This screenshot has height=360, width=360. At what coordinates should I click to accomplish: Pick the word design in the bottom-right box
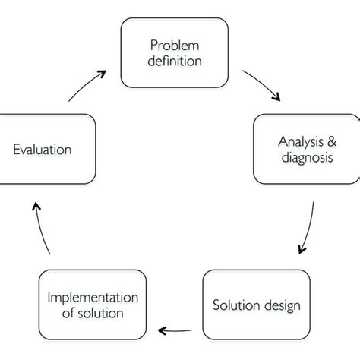click(282, 306)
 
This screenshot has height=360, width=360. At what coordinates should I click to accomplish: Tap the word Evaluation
click(43, 149)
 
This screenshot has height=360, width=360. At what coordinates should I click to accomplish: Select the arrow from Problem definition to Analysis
click(262, 86)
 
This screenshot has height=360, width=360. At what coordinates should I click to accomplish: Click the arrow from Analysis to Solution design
click(307, 228)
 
